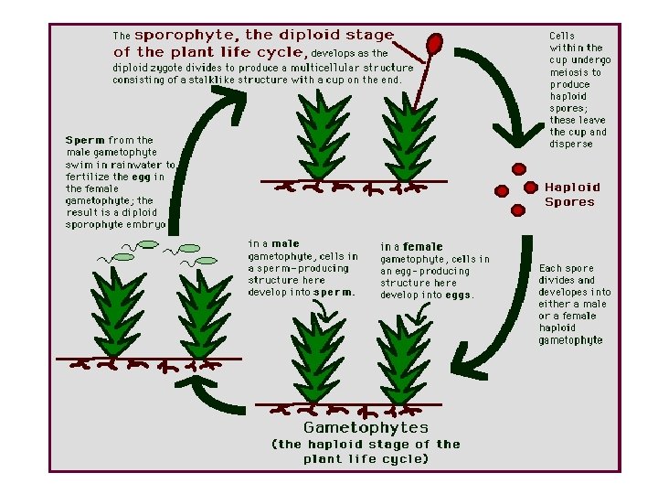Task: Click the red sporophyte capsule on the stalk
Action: [x=435, y=44]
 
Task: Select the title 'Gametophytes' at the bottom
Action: [x=366, y=427]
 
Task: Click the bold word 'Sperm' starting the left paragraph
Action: [x=85, y=140]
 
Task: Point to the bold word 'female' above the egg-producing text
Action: [x=422, y=246]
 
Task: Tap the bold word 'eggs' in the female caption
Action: [x=457, y=295]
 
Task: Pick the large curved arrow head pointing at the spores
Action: [x=513, y=145]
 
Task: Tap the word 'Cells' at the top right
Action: [x=562, y=36]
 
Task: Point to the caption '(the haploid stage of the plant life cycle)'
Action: [x=366, y=451]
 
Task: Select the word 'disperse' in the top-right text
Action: [x=570, y=144]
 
